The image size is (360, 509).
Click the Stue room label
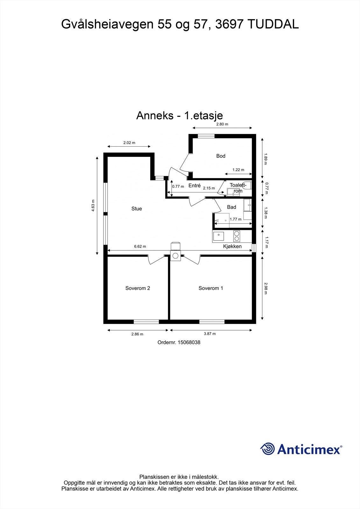pos(137,209)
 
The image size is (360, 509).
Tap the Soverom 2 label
pos(138,288)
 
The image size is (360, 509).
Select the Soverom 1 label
pos(211,288)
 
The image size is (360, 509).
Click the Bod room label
pos(221,156)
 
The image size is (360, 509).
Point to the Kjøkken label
pos(232,246)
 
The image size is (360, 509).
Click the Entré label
pos(194,185)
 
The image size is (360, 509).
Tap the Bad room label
pos(231,207)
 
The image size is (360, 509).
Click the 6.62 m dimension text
pos(140,246)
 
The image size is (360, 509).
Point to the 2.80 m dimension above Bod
pos(222,124)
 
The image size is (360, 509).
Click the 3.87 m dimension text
pos(210,334)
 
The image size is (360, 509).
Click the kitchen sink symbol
pos(219,236)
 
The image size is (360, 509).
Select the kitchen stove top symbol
pos(236,236)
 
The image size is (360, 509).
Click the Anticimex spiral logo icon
pos(267,449)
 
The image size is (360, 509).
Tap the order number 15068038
pos(189,343)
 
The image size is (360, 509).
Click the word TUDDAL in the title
pos(272,24)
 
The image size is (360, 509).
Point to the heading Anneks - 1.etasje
pos(180,115)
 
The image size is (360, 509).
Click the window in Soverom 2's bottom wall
pos(146,322)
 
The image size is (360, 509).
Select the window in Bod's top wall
pos(206,136)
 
